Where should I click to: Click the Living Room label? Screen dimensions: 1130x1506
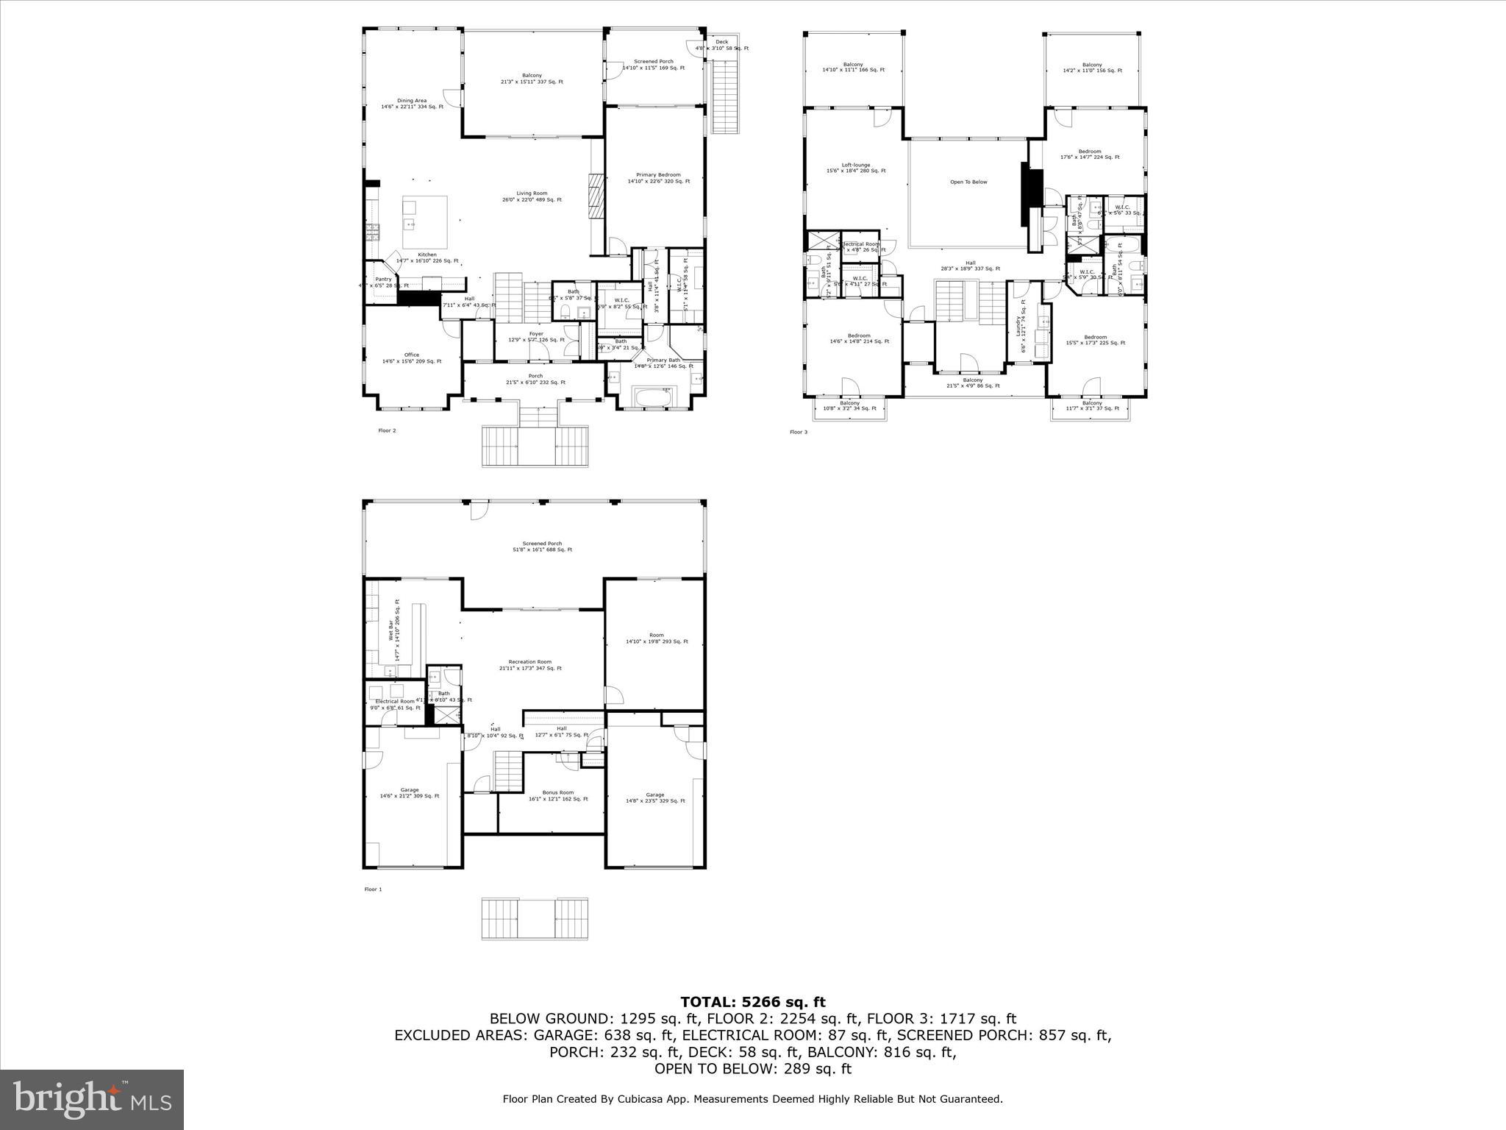(x=531, y=193)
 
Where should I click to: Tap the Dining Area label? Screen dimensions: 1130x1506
(x=412, y=101)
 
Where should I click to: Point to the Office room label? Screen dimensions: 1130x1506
(x=411, y=355)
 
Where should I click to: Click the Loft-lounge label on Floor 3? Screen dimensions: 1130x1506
(x=856, y=165)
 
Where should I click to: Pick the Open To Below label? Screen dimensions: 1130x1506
(x=968, y=182)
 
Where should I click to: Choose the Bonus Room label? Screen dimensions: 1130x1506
(x=558, y=792)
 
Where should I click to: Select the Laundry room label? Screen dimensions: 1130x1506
(x=1018, y=326)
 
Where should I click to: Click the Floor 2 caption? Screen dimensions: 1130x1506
(x=387, y=430)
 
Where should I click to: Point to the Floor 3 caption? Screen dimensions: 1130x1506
(x=798, y=432)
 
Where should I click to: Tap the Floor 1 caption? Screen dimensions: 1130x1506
(x=373, y=889)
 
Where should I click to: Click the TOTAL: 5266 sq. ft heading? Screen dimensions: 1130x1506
(x=752, y=1002)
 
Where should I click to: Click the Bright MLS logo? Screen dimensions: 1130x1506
(x=92, y=1099)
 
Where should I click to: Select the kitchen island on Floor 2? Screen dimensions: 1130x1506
(x=425, y=223)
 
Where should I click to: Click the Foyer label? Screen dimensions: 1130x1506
(x=536, y=334)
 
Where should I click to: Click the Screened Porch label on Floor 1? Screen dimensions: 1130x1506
(x=542, y=544)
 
